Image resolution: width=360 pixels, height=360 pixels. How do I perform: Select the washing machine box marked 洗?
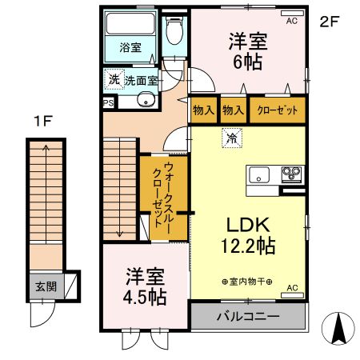(113, 80)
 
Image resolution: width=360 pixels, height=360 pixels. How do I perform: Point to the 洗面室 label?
(140, 81)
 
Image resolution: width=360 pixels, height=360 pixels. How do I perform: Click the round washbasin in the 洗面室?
(146, 99)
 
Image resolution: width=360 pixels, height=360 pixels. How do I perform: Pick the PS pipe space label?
(107, 102)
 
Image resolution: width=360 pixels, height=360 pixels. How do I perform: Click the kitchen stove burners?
(290, 174)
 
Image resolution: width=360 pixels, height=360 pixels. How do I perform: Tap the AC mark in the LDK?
(291, 287)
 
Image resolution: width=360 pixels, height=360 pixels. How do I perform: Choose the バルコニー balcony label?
(248, 317)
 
